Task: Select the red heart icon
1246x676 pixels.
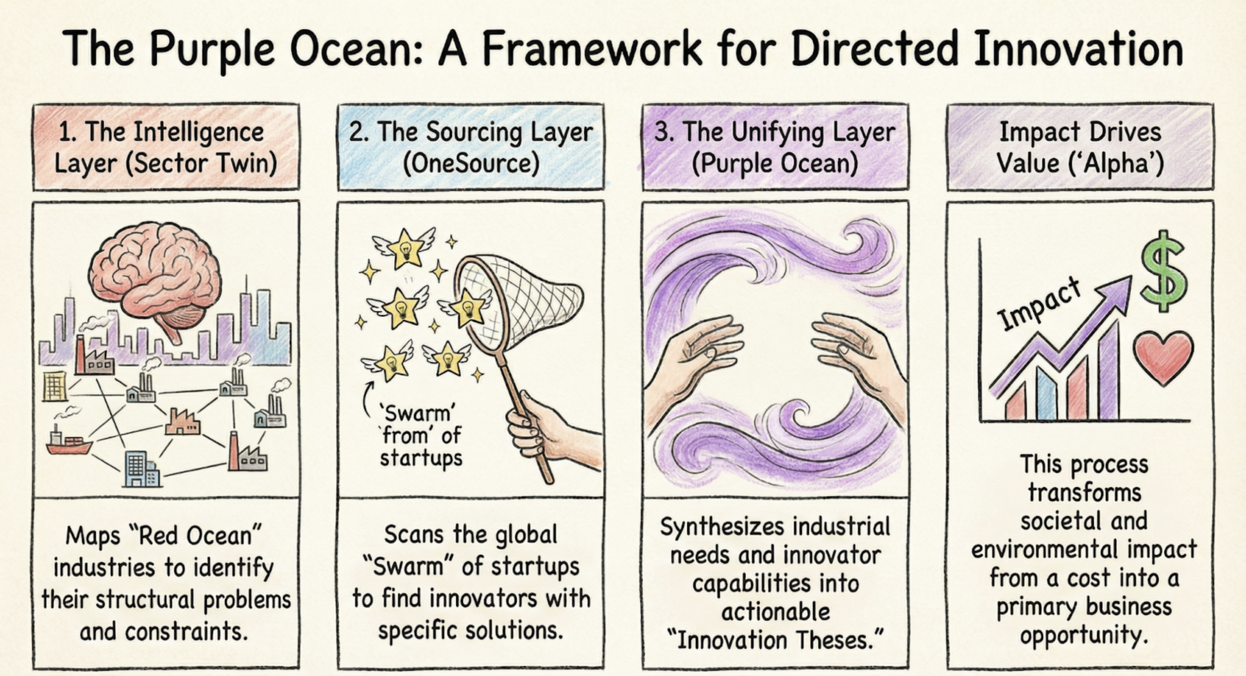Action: click(1163, 356)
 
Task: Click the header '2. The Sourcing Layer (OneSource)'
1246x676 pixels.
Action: click(471, 147)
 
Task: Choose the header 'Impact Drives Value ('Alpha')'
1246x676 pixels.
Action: click(1080, 147)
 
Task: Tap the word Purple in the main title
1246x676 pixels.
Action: click(212, 49)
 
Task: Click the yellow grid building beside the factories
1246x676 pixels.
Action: click(55, 387)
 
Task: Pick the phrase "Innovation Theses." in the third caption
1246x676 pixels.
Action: click(775, 640)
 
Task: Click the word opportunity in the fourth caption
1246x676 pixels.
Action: click(1084, 635)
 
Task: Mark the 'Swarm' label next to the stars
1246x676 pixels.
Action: click(418, 414)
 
